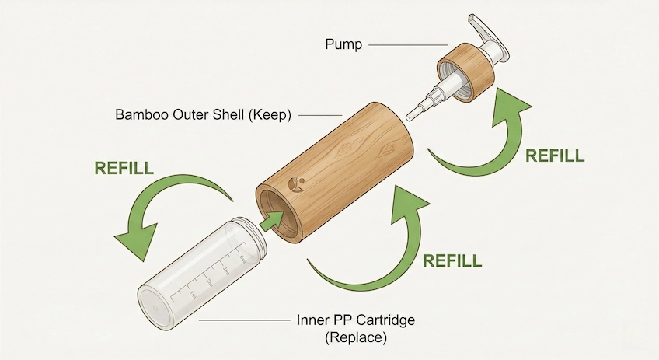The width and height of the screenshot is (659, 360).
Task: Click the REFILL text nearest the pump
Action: pos(554,156)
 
